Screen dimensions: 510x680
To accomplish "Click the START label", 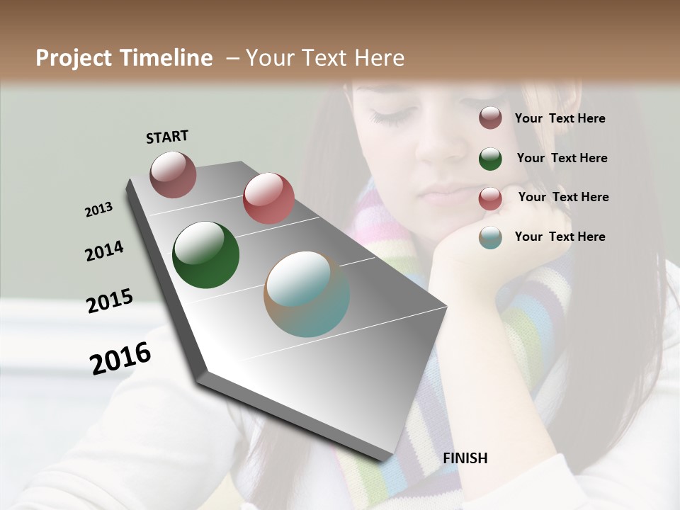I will [x=167, y=137].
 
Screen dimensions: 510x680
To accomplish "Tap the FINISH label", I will [x=465, y=458].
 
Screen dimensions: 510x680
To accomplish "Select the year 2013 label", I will [x=98, y=210].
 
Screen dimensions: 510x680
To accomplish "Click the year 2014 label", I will [x=104, y=251].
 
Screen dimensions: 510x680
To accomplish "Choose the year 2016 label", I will [x=120, y=358].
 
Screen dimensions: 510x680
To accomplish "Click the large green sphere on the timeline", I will [x=205, y=255].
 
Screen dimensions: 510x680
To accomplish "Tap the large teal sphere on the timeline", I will [x=307, y=294].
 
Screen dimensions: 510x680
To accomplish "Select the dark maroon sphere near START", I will [x=173, y=174].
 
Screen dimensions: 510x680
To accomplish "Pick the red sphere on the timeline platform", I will [x=268, y=198].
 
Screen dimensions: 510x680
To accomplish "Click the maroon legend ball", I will [x=490, y=118].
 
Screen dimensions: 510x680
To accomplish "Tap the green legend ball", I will [x=490, y=158].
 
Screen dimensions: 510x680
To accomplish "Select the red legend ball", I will [x=490, y=198].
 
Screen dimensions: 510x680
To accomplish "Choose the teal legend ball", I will [x=490, y=237].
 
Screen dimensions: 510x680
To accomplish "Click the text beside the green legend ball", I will [x=562, y=158].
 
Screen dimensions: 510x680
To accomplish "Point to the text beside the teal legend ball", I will [x=560, y=237].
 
